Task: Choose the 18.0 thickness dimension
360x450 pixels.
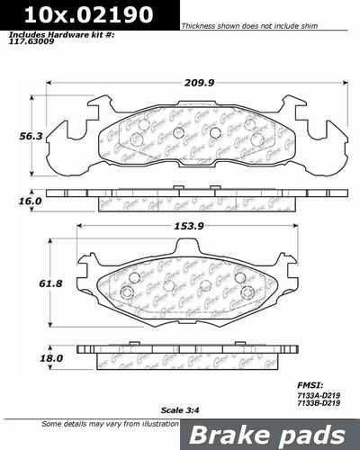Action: click(x=20, y=357)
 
